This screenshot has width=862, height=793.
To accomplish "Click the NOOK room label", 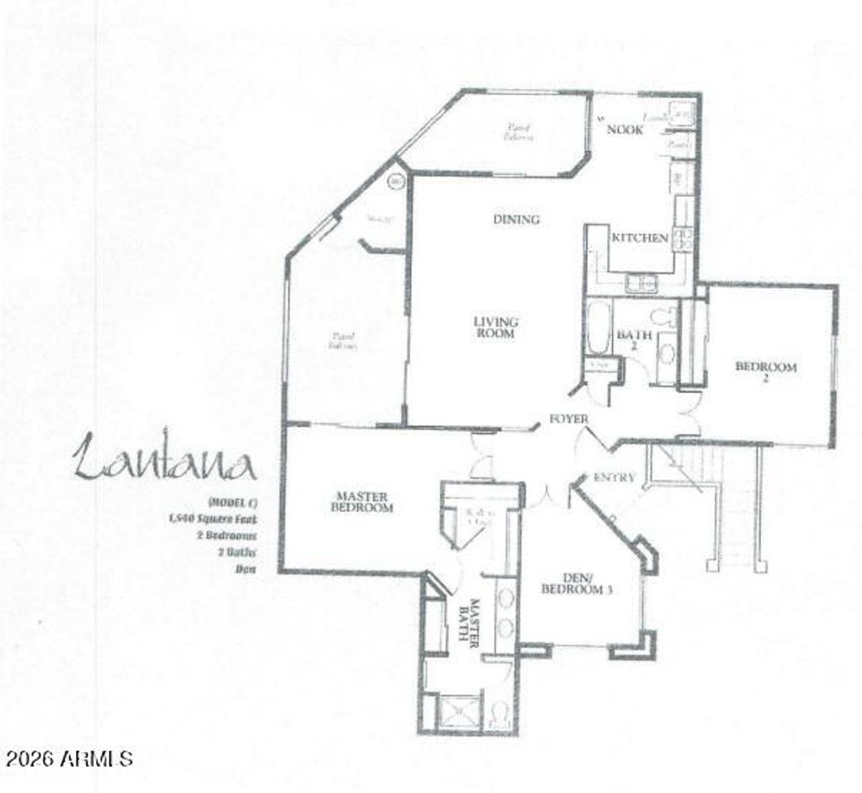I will [x=625, y=130].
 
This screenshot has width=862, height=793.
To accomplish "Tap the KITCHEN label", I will [x=639, y=238].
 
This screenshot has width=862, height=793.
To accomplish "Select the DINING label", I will [x=516, y=220].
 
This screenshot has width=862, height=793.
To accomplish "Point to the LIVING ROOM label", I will [x=495, y=327].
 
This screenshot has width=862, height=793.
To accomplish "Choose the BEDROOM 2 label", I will [x=765, y=372].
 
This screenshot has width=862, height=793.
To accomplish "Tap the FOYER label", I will [x=569, y=418].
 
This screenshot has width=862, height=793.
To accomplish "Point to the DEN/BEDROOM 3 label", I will [x=576, y=583].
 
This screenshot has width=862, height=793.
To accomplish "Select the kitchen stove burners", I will [x=683, y=238].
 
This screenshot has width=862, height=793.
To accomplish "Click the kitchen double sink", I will [x=640, y=284].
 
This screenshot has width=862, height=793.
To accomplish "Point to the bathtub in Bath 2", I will [x=599, y=327].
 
